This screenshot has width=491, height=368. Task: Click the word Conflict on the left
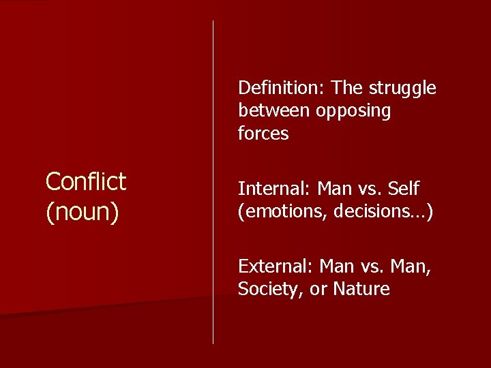coord(85,182)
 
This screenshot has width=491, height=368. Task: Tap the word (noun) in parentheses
coord(82,212)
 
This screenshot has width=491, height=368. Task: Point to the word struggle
coord(402,89)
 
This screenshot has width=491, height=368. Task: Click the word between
coord(273,111)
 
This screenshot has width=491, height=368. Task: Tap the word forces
coord(263,134)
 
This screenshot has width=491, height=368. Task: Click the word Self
coord(404,188)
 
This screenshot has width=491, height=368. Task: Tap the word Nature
coord(361,290)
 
